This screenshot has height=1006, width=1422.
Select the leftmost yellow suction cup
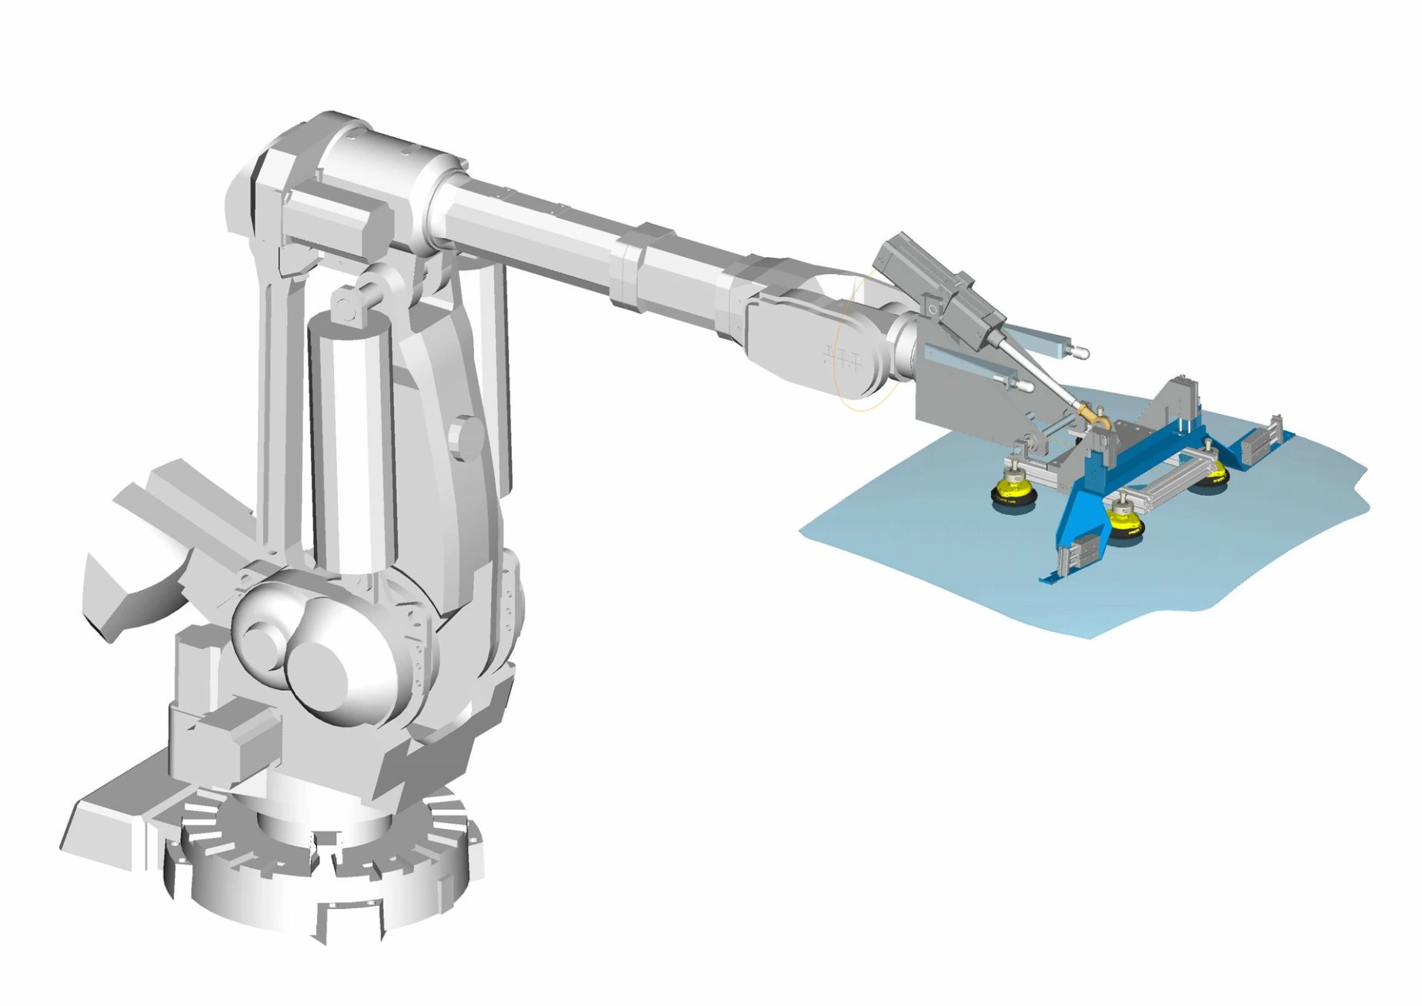[1011, 490]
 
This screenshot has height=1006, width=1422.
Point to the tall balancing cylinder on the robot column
[350, 439]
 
